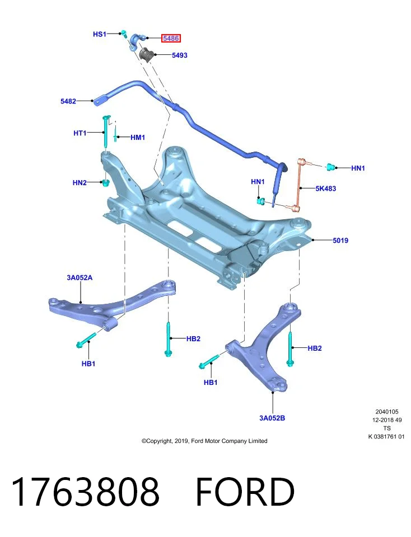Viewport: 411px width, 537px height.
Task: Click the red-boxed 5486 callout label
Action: point(171,39)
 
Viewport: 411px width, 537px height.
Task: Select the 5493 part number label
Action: point(179,55)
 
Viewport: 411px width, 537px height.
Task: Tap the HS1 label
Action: point(100,34)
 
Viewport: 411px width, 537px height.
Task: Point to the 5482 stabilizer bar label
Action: point(68,101)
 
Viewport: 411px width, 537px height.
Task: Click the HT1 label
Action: point(80,133)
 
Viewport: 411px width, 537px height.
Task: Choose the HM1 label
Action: point(138,138)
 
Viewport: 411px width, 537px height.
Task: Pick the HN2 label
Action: point(80,182)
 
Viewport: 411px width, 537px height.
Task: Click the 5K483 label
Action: point(326,189)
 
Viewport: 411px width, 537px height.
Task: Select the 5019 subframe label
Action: point(340,241)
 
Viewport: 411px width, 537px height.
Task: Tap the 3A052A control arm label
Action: point(80,277)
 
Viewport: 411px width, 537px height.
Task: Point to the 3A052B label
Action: point(272,418)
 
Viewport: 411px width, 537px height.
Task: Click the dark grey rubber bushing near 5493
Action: point(147,54)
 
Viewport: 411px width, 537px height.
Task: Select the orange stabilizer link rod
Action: point(299,185)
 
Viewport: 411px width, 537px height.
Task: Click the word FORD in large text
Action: point(245,492)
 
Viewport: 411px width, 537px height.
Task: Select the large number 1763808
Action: point(86,492)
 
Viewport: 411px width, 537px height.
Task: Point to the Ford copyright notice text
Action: point(204,441)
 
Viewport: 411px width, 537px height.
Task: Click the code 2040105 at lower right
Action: point(387,412)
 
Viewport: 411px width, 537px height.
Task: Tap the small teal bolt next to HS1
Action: point(124,34)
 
